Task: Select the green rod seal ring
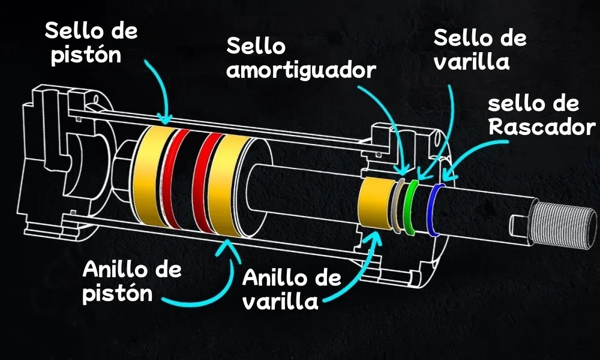click(x=410, y=207)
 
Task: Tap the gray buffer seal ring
click(x=396, y=204)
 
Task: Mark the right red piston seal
click(x=207, y=183)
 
